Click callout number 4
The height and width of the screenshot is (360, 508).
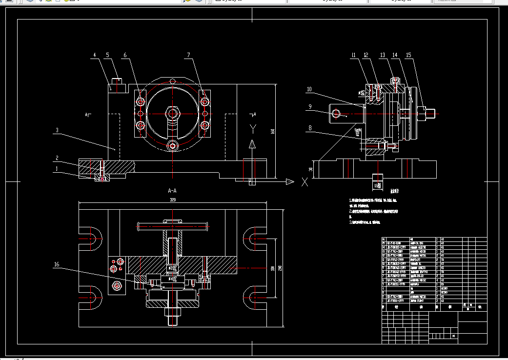(94, 56)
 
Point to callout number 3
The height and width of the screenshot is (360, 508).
(57, 130)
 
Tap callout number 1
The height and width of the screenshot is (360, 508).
(57, 169)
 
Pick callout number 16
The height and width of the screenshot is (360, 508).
(57, 264)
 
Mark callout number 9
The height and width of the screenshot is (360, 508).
(309, 107)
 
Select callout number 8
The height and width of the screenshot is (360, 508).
(309, 129)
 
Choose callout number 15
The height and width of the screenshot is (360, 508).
(408, 55)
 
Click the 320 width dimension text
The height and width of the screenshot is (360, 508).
(172, 200)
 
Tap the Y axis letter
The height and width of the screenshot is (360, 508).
(253, 128)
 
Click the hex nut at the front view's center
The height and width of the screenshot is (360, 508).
(172, 114)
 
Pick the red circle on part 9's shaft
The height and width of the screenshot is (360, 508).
(336, 114)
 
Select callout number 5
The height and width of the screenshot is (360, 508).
(107, 56)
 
